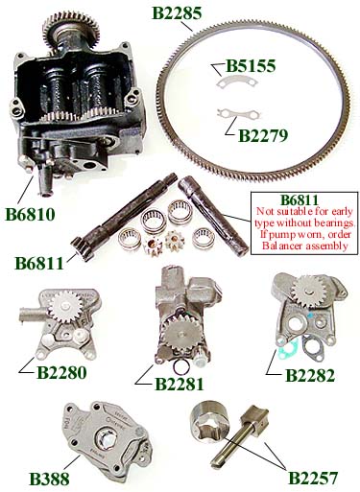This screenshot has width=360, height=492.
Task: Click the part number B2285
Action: coord(177,13)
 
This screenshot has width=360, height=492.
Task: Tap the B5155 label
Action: coord(251,66)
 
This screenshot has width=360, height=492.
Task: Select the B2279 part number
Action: coord(263,135)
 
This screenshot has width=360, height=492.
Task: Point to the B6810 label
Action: coord(30,214)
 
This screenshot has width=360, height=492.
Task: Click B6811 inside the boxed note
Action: coord(300,200)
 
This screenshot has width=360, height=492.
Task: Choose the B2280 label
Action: coord(61,372)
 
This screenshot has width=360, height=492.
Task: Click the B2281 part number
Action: coord(180,384)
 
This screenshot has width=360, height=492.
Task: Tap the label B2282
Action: coord(310,376)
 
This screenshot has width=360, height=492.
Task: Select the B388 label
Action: coord(49,479)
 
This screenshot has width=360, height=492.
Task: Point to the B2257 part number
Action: coord(313,478)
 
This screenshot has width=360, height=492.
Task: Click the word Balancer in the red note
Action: coord(277,246)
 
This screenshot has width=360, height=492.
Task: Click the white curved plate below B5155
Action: coord(237,82)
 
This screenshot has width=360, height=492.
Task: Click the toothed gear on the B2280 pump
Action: coord(64,307)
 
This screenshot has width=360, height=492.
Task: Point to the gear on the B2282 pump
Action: coord(308,292)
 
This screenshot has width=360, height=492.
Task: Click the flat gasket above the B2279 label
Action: coord(238,114)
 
